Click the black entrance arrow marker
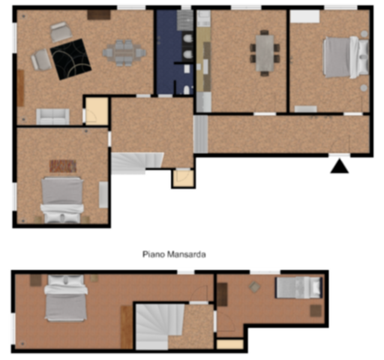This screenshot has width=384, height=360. point(340,167)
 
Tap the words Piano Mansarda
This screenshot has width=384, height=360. point(174,254)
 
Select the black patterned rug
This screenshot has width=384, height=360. point(71,59)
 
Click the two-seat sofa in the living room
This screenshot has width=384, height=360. point(53,116)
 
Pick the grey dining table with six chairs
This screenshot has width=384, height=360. point(125,53)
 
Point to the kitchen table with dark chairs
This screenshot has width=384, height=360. point(265,53)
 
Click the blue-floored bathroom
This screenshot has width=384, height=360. point(175,52)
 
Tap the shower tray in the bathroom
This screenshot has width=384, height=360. point(185,20)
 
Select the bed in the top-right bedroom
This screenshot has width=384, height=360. point(346,58)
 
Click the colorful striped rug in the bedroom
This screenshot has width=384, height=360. point(63,166)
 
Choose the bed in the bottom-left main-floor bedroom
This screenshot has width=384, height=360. point(62,200)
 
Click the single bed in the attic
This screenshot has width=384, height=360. point(299,287)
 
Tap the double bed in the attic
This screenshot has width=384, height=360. point(66,298)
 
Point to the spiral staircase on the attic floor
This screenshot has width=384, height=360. point(159,326)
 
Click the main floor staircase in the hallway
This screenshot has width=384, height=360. point(137,163)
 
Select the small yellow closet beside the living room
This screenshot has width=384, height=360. point(97,111)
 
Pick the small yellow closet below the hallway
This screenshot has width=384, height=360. point(184,178)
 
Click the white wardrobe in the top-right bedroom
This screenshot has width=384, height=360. point(305,17)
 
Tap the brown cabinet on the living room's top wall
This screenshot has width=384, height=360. point(99,14)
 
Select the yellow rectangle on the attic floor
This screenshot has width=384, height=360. point(230,344)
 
